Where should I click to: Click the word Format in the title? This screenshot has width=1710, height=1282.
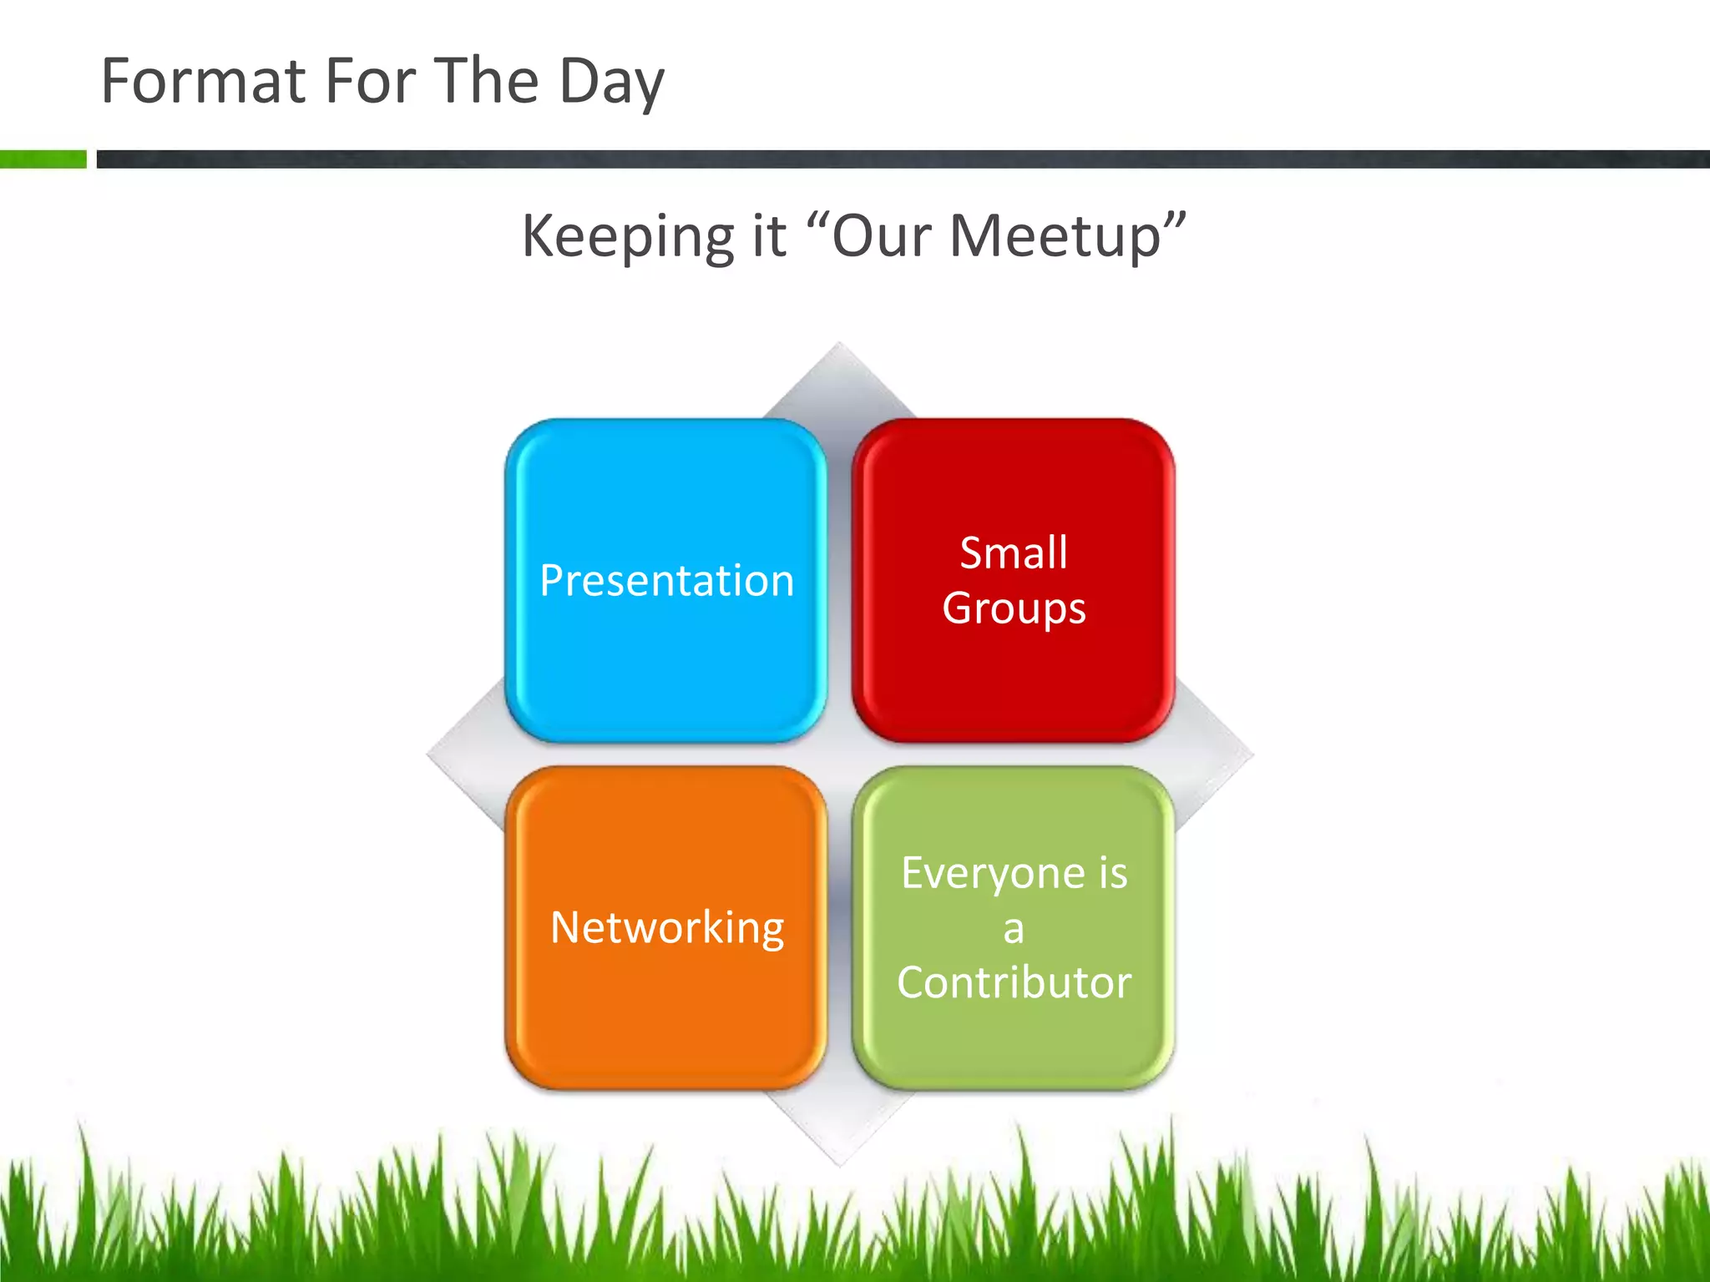[203, 81]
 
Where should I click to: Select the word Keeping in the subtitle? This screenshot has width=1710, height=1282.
[627, 237]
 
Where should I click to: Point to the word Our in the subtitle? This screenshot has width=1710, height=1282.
[882, 236]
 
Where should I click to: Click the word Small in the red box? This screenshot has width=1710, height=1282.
[1014, 553]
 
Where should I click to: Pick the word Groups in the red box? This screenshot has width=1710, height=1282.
[1014, 608]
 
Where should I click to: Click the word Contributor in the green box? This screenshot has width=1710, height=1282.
[1014, 982]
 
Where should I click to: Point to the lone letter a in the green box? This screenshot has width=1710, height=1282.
[1014, 929]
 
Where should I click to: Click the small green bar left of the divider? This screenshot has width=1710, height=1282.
[43, 159]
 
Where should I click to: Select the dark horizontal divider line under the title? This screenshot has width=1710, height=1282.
[902, 159]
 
